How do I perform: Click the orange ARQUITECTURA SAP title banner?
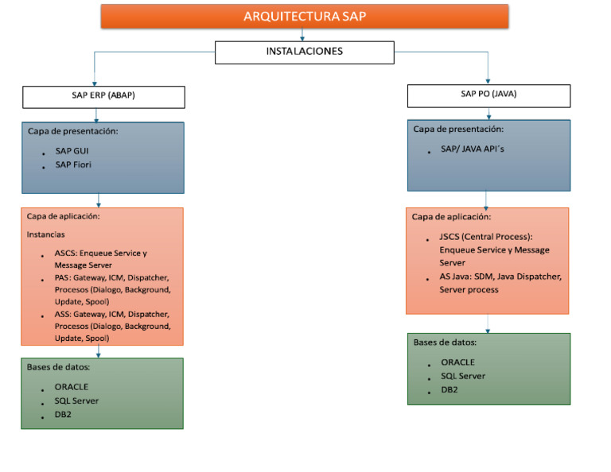305,16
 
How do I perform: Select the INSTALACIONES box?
305,52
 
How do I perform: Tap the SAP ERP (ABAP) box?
103,96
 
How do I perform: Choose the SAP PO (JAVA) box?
488,95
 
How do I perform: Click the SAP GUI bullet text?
72,150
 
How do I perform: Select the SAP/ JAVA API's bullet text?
473,149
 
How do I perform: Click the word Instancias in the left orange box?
45,234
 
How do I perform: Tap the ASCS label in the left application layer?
64,253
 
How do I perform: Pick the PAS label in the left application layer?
62,278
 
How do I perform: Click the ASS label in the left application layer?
62,315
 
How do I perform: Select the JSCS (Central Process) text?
485,237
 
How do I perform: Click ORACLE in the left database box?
72,387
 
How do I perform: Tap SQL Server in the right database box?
463,376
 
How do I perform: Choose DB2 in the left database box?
64,414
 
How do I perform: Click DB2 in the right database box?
449,389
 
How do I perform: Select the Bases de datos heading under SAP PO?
445,342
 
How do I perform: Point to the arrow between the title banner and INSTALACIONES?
302,35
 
